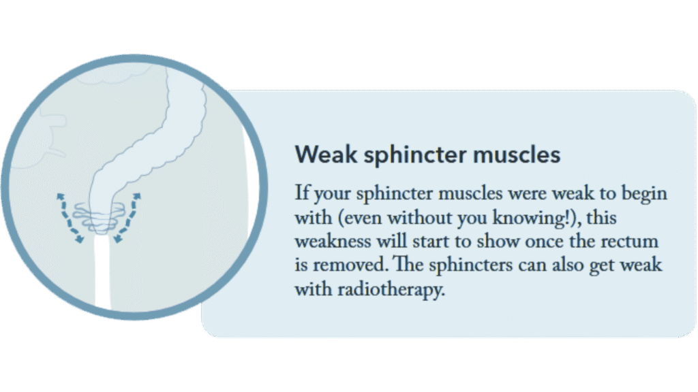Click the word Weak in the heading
click(x=326, y=154)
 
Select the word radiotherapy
click(x=391, y=290)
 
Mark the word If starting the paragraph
click(x=302, y=193)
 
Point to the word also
click(x=568, y=265)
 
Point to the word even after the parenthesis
click(x=363, y=218)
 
